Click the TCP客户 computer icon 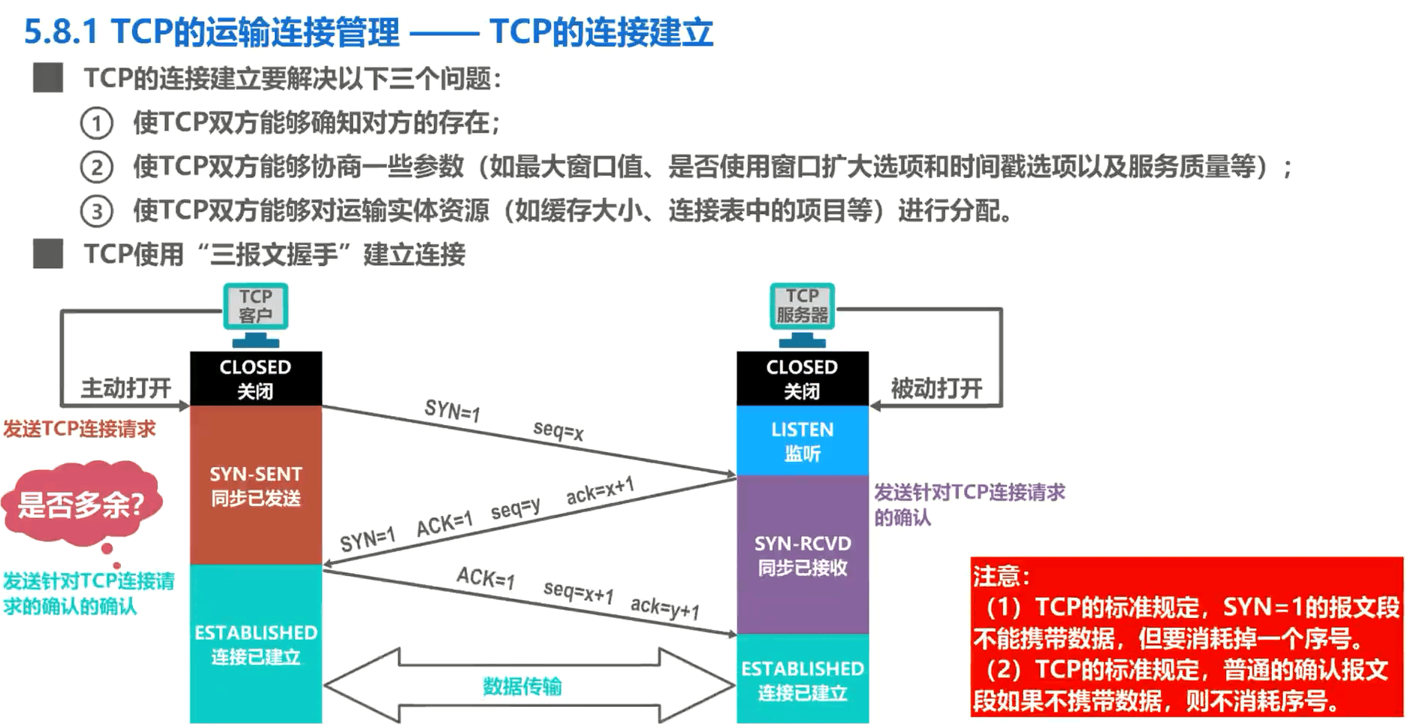255,315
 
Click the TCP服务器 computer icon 802,315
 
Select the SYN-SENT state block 256,485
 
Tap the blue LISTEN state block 803,441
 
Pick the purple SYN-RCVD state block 803,555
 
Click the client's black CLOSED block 256,379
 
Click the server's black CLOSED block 803,379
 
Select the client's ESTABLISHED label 256,633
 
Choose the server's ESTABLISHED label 803,668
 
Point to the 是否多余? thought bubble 81,503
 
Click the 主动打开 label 126,388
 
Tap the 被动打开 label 936,388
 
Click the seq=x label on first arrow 558,430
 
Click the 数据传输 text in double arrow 522,686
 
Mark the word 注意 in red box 996,576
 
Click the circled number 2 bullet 97,167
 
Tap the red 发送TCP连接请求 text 80,429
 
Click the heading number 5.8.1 62,32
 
